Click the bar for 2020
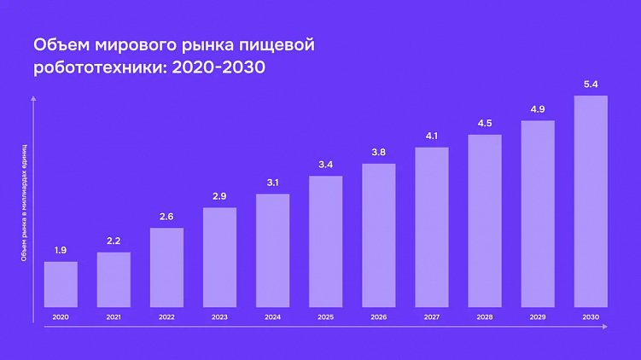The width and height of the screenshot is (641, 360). click(x=61, y=284)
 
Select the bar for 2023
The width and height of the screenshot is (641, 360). click(x=219, y=257)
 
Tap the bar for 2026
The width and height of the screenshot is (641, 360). click(x=379, y=235)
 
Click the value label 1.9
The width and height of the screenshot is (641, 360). click(x=61, y=250)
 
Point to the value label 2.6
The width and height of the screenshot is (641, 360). click(x=166, y=217)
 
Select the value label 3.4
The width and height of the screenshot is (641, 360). click(x=325, y=165)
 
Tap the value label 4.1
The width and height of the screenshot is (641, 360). click(x=432, y=136)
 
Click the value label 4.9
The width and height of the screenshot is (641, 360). click(x=538, y=109)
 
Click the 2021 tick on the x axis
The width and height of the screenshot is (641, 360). click(x=114, y=316)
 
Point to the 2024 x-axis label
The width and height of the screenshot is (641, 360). click(x=272, y=316)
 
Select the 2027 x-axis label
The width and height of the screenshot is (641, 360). click(x=432, y=316)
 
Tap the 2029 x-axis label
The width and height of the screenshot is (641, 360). click(x=538, y=316)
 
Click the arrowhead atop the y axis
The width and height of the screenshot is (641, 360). click(x=33, y=100)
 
